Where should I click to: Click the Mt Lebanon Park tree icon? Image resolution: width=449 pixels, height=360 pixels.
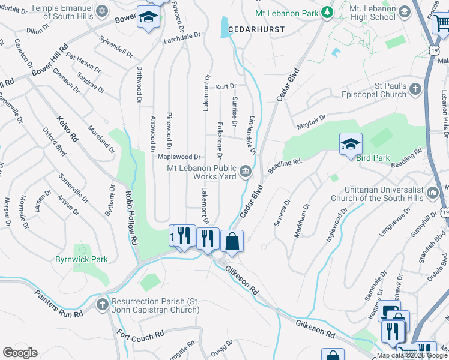click(x=327, y=11)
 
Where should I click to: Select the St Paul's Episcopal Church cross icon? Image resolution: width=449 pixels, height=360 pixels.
click(x=416, y=90)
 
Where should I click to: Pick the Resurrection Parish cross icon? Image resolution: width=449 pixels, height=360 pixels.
click(x=102, y=305)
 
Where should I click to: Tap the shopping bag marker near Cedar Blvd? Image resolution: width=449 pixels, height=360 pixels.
click(x=232, y=242)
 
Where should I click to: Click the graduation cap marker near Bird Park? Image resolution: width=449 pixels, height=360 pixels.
click(x=351, y=145)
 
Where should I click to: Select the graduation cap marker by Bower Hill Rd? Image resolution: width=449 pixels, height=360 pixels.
click(x=147, y=18)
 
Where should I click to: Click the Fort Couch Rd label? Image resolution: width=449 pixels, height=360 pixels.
click(x=140, y=334)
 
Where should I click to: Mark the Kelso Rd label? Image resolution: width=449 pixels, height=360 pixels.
click(x=68, y=128)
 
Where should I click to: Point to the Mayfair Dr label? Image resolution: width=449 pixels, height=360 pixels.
click(x=311, y=122)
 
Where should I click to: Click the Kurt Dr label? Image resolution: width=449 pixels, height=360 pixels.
click(x=226, y=87)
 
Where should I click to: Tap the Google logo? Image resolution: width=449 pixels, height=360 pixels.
click(x=20, y=353)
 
